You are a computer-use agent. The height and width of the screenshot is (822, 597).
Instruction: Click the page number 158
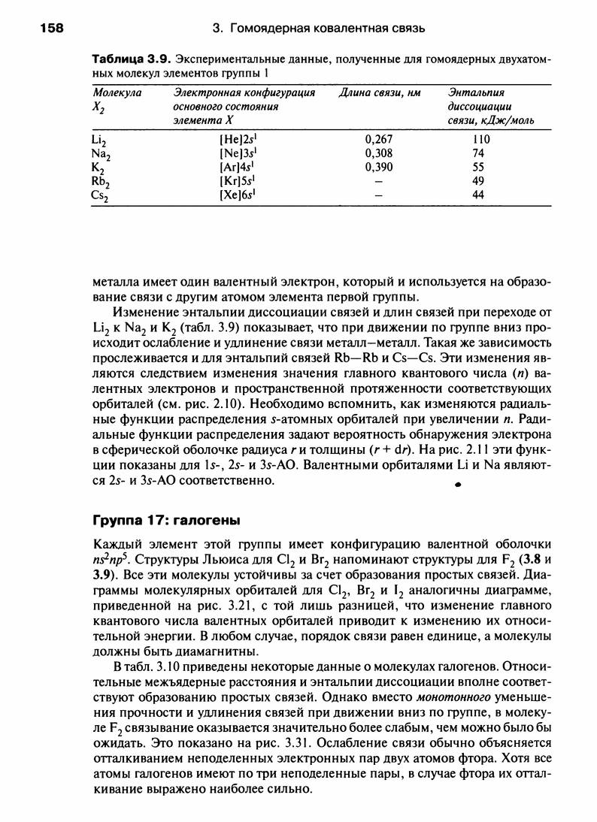click(x=50, y=29)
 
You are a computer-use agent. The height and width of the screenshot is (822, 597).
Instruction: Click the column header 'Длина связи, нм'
click(x=379, y=93)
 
